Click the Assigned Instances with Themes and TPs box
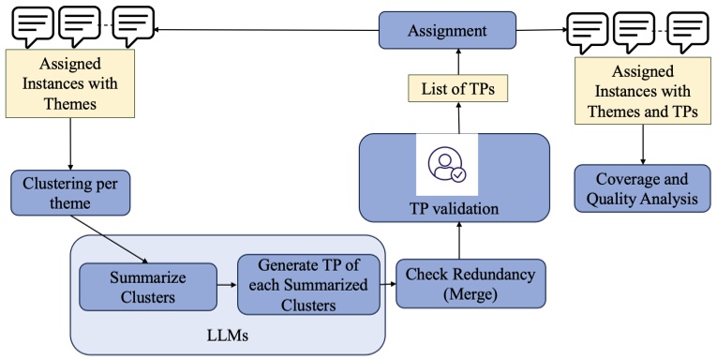642,89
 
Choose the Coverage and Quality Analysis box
642,188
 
